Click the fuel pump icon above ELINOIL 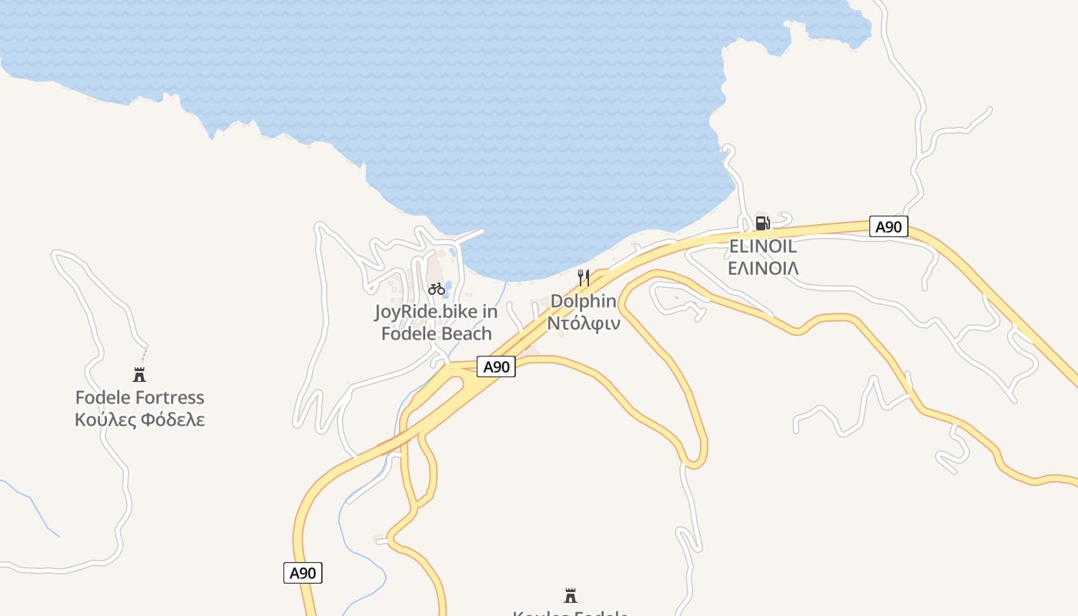pyautogui.click(x=762, y=223)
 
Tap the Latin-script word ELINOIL pyautogui.click(x=762, y=247)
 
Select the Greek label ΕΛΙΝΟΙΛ pyautogui.click(x=763, y=268)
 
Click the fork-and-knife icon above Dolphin pyautogui.click(x=584, y=278)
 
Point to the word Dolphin pyautogui.click(x=584, y=301)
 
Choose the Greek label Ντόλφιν pyautogui.click(x=584, y=323)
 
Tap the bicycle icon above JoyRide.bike pyautogui.click(x=437, y=289)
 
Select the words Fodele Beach pyautogui.click(x=437, y=333)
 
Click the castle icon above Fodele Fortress pyautogui.click(x=139, y=375)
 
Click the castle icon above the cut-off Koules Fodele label pyautogui.click(x=571, y=595)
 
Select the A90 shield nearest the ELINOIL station pyautogui.click(x=889, y=226)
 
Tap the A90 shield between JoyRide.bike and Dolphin pyautogui.click(x=496, y=367)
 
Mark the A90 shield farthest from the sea pyautogui.click(x=303, y=573)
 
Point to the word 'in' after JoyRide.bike pyautogui.click(x=490, y=312)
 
